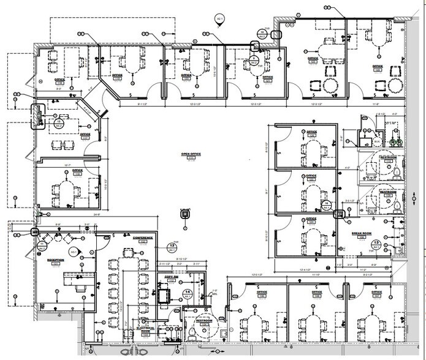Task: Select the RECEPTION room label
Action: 56,261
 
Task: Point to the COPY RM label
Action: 170,277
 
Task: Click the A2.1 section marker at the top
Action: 219,20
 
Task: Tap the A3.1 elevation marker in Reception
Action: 74,252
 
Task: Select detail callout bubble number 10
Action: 262,34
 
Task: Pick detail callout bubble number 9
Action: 254,59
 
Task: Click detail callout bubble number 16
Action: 59,123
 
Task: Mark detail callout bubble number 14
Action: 327,204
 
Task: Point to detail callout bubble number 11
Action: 42,246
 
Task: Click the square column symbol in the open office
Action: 183,213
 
